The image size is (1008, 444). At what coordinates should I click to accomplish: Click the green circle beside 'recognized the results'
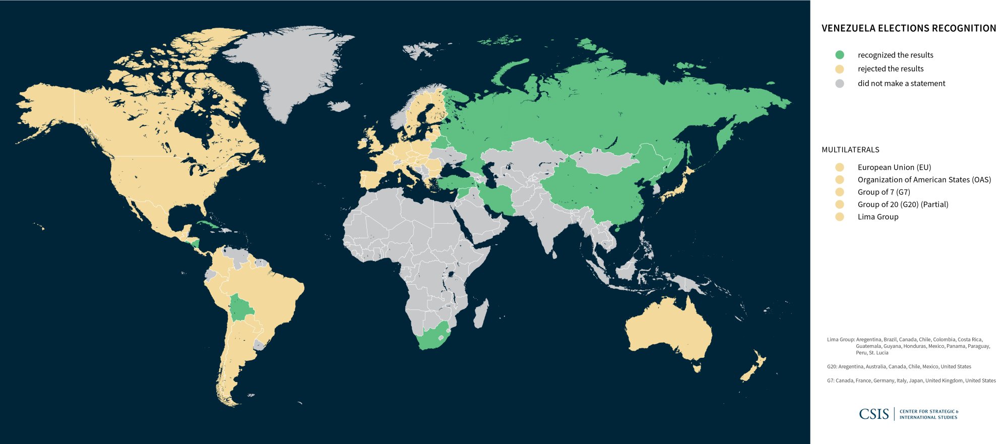[839, 55]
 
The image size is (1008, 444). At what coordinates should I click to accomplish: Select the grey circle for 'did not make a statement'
[839, 83]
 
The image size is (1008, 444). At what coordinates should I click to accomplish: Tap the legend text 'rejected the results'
[891, 69]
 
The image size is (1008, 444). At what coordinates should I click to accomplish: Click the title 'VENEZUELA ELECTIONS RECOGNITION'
[909, 28]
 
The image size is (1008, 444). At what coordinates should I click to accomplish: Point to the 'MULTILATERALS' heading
[850, 150]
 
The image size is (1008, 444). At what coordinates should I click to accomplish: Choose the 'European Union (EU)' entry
[894, 167]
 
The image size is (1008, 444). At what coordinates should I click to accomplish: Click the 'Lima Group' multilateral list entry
[878, 217]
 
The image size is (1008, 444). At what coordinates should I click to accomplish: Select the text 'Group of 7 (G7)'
[884, 192]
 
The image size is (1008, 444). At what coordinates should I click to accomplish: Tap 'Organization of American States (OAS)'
[924, 179]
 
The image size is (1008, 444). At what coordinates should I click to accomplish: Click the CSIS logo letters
[874, 414]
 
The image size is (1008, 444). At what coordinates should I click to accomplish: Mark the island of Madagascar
[481, 312]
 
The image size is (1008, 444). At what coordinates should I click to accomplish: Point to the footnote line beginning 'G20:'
[899, 367]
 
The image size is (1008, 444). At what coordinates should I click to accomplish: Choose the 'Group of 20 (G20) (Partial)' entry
[903, 205]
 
